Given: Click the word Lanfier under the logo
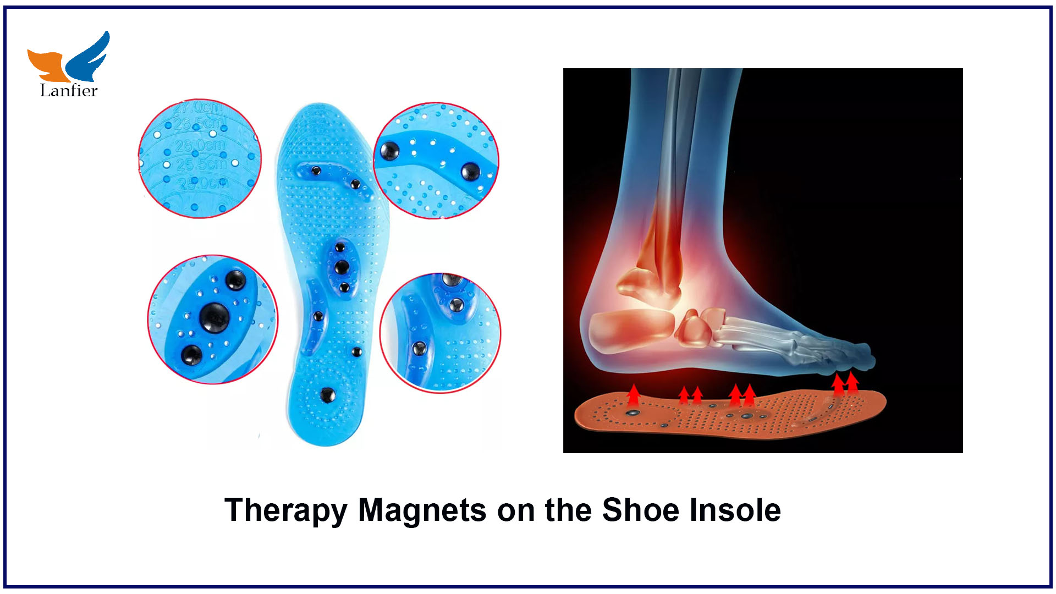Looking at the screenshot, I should click(x=69, y=91).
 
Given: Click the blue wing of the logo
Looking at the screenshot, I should click(x=90, y=56).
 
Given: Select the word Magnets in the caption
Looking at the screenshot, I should click(x=422, y=510).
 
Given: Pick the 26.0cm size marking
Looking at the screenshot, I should click(x=200, y=146).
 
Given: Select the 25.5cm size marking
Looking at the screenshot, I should click(x=202, y=164).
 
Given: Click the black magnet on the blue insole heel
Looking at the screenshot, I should click(x=328, y=394).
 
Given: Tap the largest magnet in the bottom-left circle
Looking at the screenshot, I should click(x=214, y=317).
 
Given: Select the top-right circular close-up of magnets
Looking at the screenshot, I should click(x=436, y=161).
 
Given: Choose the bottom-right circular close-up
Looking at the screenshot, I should click(x=440, y=333).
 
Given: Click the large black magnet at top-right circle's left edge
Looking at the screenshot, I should click(x=389, y=151).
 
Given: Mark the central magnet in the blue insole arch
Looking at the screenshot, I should click(x=342, y=267).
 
